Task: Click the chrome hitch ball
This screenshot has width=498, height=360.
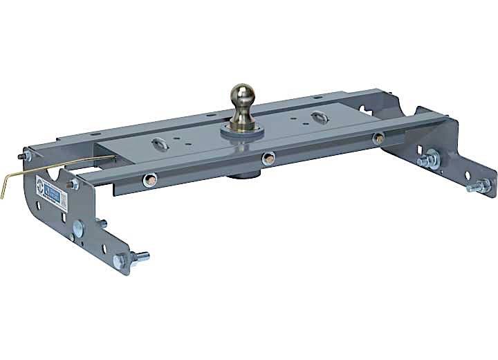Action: pos(244,95)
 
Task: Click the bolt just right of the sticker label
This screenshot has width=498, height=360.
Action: pos(71,183)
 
